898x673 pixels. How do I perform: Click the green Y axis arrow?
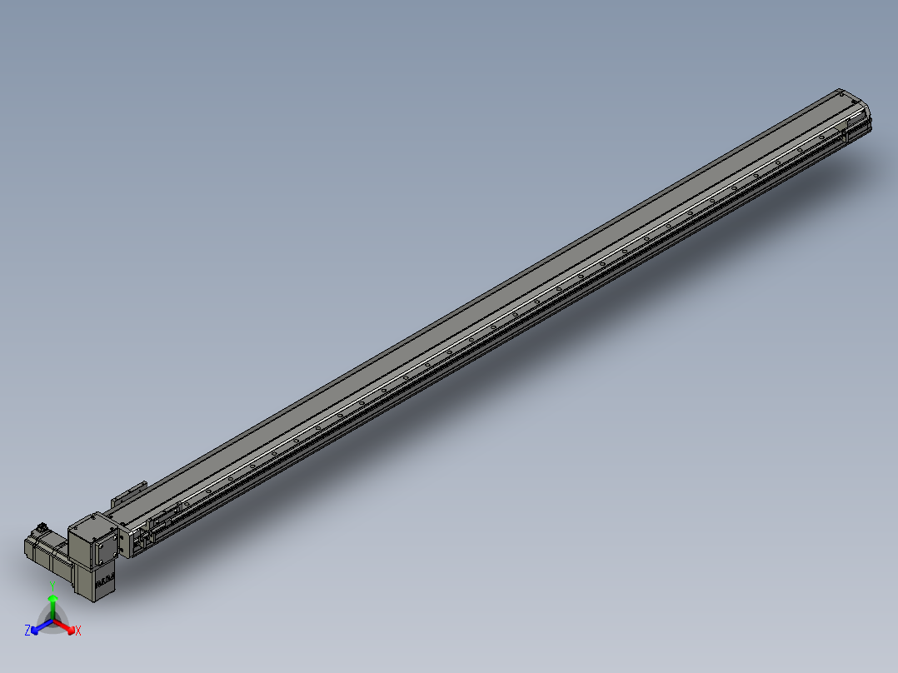[52, 601]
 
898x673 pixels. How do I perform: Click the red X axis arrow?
[68, 626]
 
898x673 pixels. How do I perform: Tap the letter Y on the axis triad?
[52, 585]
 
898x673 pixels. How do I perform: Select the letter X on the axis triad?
[78, 631]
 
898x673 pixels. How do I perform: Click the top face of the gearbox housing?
[87, 524]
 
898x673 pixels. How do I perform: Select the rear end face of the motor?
[27, 549]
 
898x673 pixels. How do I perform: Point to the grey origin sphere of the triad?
[52, 621]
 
